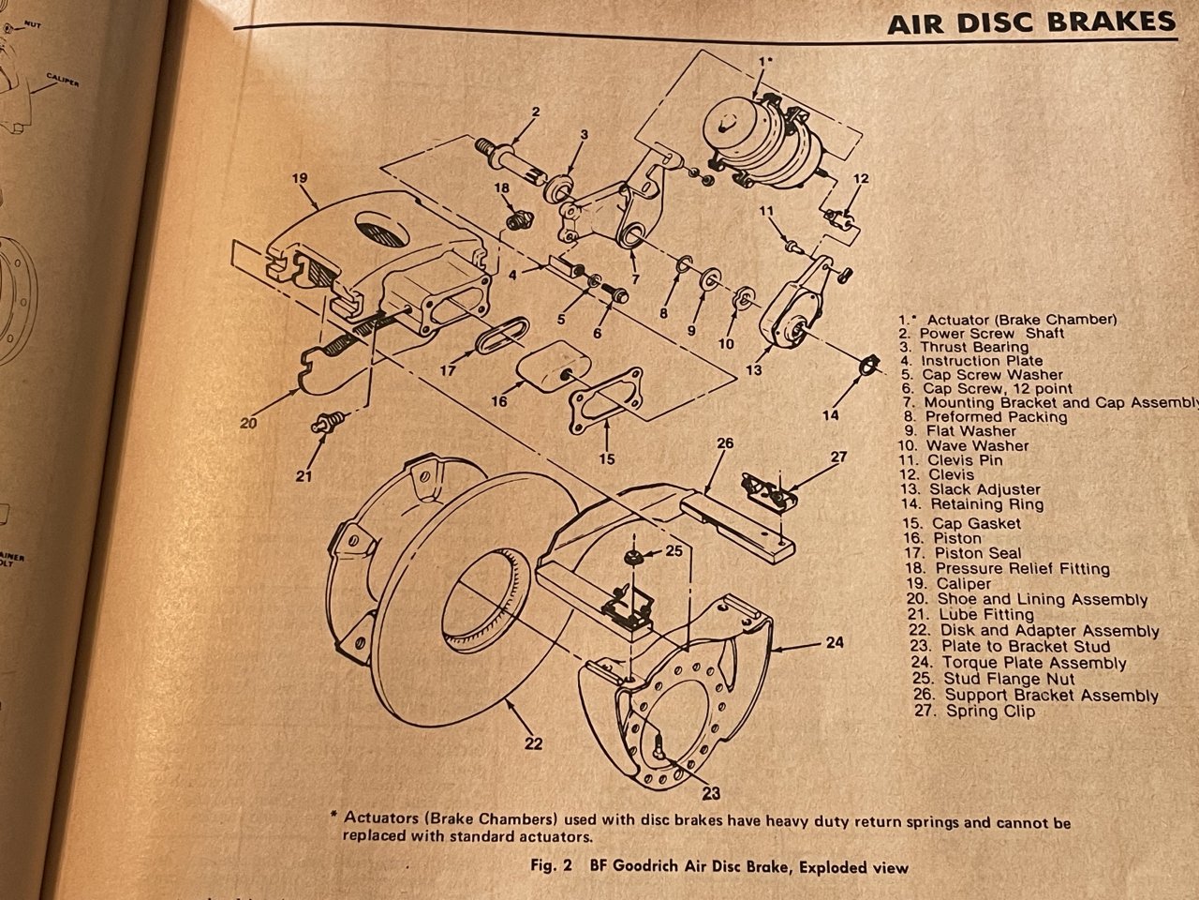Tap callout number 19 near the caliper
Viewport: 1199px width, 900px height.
click(x=299, y=176)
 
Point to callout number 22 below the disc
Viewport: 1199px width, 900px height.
click(x=534, y=744)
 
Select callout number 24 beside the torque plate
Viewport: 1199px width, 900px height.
click(x=835, y=642)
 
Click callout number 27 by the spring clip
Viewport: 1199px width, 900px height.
click(x=838, y=457)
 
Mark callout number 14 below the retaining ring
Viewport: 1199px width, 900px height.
click(x=830, y=414)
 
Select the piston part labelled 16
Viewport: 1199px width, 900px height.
click(x=552, y=369)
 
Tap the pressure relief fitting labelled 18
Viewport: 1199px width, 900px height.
click(x=514, y=222)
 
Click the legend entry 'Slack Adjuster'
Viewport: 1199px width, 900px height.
click(x=983, y=489)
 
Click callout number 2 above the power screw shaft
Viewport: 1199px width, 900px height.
click(x=535, y=112)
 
